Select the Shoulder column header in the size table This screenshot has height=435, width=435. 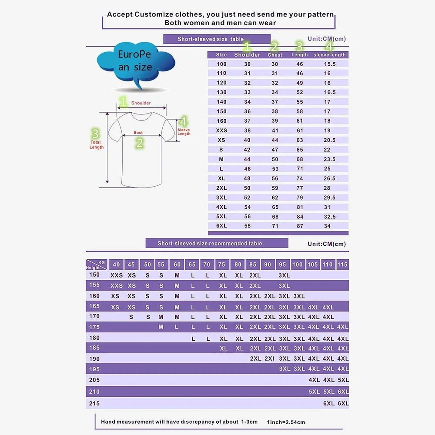click(247, 55)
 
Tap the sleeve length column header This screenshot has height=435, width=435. click(329, 55)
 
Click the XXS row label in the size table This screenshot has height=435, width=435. click(221, 130)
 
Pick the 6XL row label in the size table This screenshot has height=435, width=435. click(221, 226)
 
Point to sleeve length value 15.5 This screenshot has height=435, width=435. click(330, 64)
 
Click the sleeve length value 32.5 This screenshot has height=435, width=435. click(330, 217)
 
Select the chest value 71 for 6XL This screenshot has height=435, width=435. click(275, 226)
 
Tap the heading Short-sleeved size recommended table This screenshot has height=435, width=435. click(217, 244)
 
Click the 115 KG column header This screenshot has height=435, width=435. click(342, 264)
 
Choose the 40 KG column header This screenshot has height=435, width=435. click(116, 264)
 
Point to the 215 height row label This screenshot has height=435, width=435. click(94, 403)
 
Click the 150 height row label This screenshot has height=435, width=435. click(94, 274)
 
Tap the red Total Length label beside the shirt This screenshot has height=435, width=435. click(96, 144)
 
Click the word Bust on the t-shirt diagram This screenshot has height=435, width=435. click(138, 133)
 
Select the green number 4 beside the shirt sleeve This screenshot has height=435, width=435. click(183, 121)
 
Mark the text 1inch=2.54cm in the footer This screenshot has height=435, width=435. click(286, 422)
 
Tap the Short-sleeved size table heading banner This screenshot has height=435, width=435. click(217, 39)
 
